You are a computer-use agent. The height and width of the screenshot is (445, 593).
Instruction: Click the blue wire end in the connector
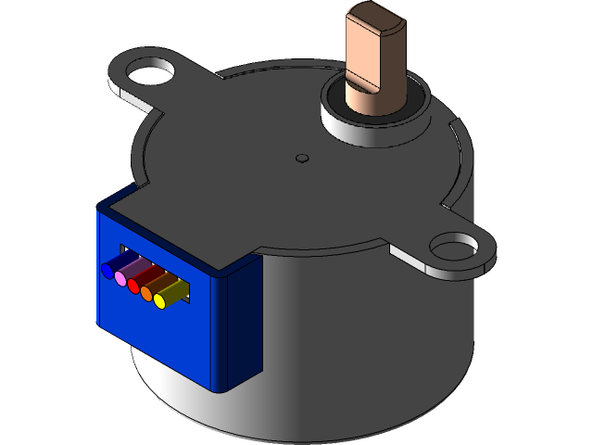click(107, 270)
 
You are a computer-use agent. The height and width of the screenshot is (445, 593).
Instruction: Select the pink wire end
click(120, 278)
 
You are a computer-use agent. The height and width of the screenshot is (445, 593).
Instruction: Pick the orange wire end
click(146, 294)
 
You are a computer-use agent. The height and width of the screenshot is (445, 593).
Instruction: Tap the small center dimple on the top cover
click(301, 158)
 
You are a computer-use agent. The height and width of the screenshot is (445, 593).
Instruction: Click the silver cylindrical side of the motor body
click(371, 343)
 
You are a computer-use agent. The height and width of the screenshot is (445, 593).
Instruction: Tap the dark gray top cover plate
click(278, 185)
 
